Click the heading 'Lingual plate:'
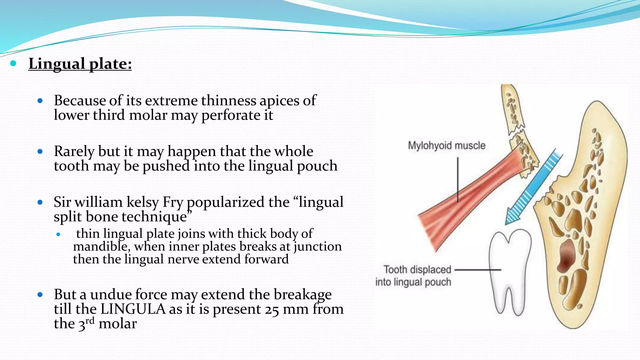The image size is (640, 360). (x=80, y=64)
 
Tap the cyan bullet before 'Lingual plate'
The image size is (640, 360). (x=13, y=64)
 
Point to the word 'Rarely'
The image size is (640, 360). (x=74, y=152)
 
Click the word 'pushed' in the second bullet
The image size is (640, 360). (x=166, y=166)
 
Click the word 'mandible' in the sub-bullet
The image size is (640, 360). (x=101, y=247)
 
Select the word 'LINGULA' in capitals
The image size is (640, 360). (x=133, y=309)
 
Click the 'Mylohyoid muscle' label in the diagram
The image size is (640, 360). (x=447, y=146)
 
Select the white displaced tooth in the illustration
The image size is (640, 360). (x=509, y=269)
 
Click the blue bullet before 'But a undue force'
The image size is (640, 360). (x=40, y=294)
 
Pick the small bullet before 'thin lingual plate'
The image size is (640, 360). (x=58, y=234)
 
